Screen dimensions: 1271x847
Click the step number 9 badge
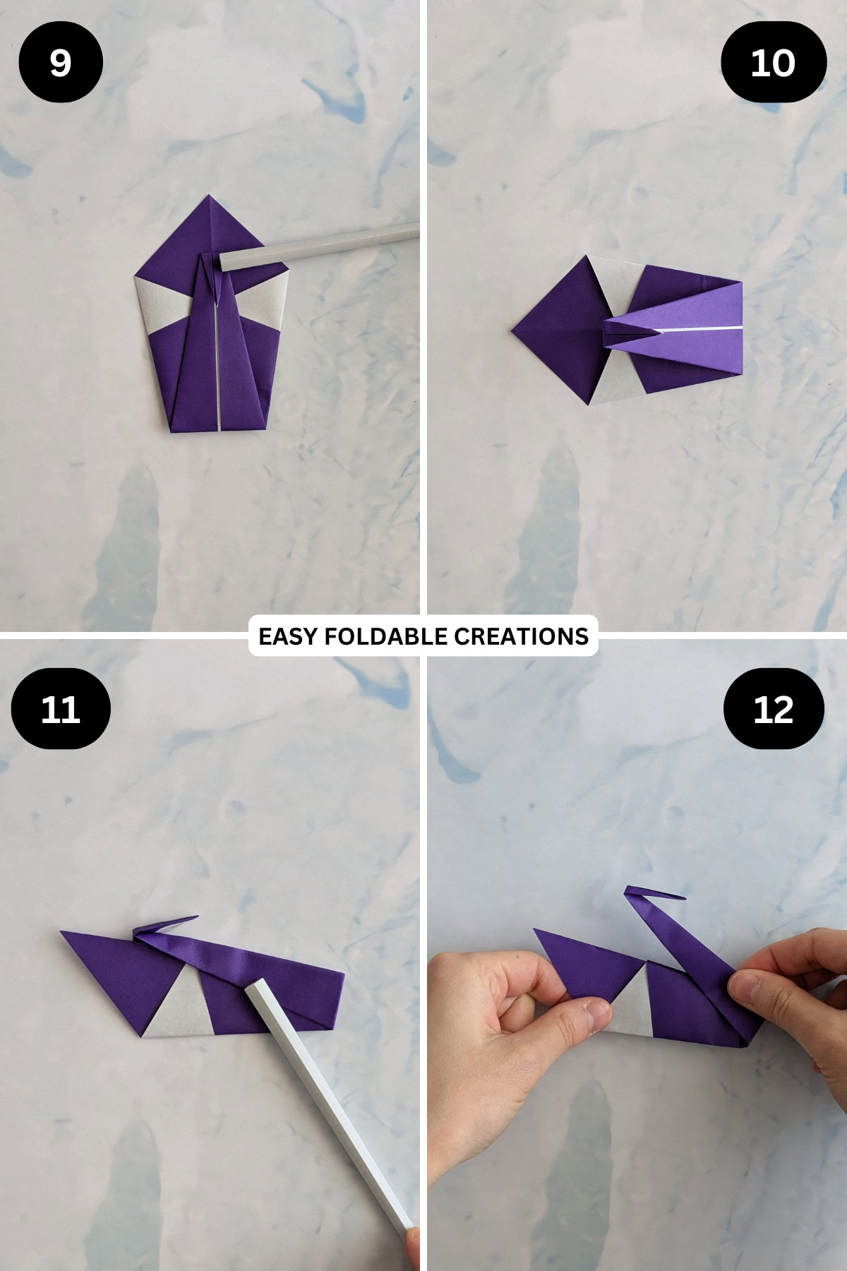61,62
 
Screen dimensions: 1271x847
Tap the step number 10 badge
773,62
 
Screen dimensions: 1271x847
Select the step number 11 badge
61,708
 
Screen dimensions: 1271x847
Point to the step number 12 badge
774,708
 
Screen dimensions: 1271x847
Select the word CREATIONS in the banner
521,636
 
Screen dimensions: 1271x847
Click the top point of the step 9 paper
210,196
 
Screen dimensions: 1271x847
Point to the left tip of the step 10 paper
513,330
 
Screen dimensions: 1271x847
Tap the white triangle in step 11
176,1003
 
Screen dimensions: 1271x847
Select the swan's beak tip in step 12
683,898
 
